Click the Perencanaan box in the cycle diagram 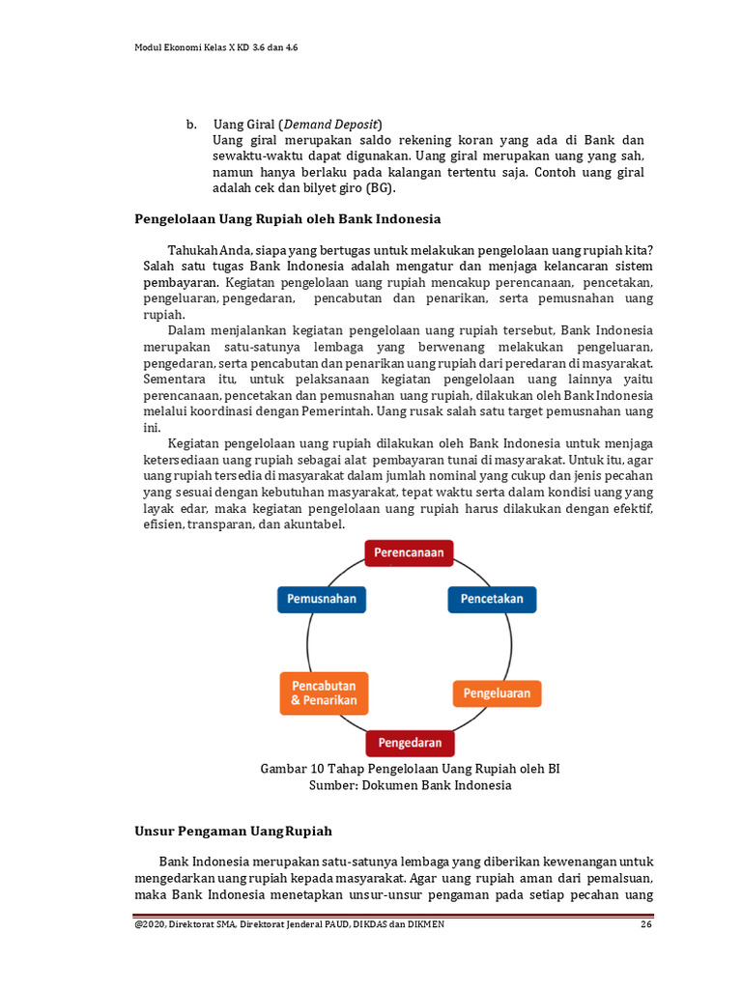(409, 552)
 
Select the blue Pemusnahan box (322, 599)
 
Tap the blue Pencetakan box (492, 599)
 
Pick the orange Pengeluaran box (498, 693)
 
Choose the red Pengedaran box (410, 743)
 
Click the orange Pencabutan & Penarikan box (324, 692)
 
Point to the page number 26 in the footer (646, 924)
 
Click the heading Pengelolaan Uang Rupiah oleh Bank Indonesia (287, 219)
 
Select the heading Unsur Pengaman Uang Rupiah (232, 831)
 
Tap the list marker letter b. (191, 125)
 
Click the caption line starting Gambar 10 (410, 769)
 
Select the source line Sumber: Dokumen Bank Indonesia (410, 785)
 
